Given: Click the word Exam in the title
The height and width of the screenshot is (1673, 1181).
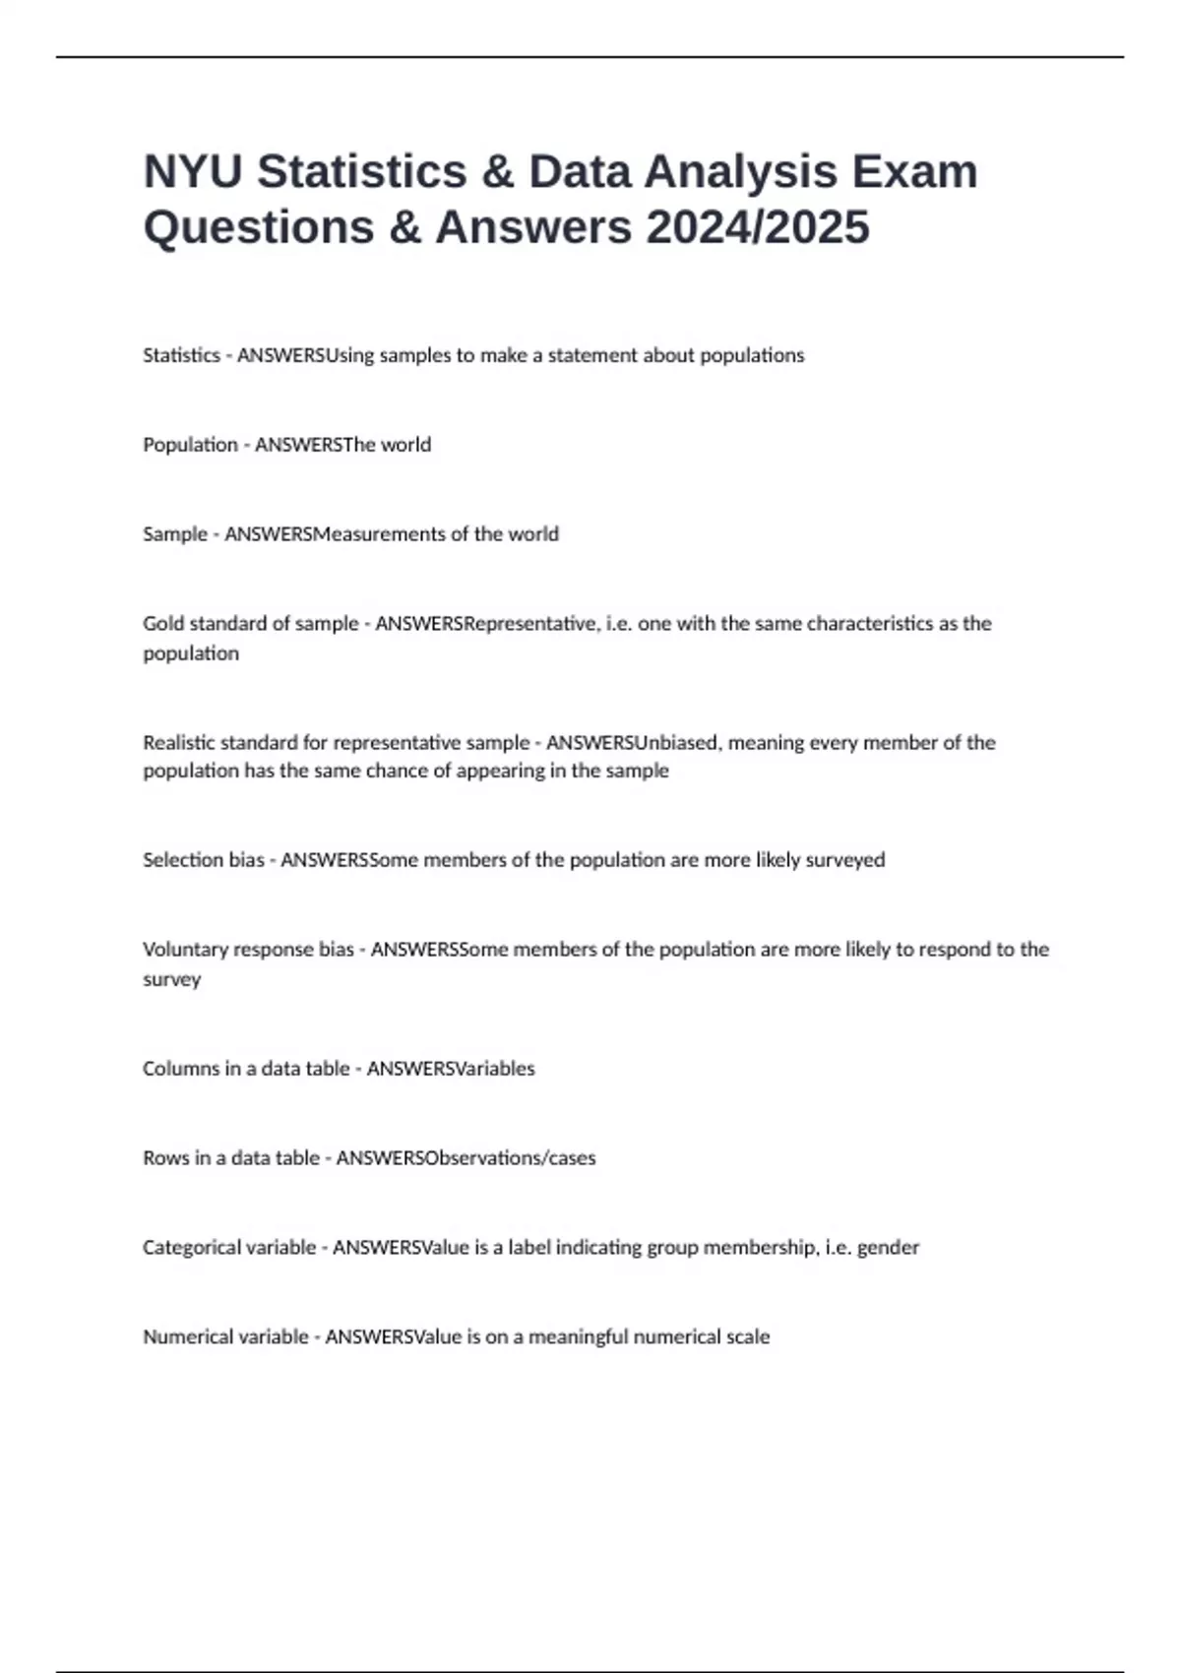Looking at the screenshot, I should point(915,172).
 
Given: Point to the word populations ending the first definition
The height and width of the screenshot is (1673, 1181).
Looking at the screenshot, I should point(755,355).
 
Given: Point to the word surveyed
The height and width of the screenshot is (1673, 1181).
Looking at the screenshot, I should point(845,860).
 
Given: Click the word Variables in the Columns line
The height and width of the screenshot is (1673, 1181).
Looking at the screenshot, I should point(495,1069).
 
